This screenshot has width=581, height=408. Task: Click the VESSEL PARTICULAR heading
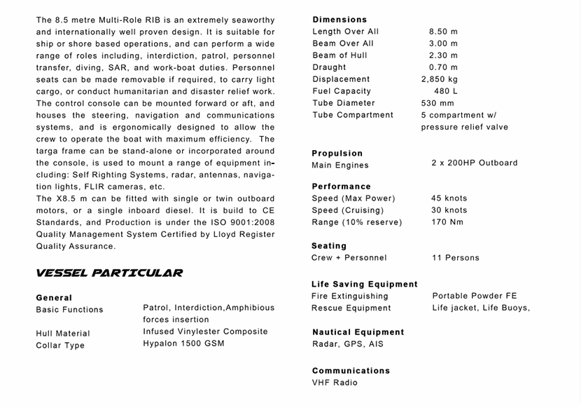109,273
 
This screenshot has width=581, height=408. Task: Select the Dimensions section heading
339,20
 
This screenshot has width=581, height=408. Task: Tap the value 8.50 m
443,32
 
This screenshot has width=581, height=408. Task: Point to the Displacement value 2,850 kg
439,79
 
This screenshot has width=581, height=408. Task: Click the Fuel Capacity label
342,91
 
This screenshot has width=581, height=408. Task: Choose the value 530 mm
437,103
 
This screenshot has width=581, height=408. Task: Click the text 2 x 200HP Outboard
475,163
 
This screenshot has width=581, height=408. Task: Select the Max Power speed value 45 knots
449,198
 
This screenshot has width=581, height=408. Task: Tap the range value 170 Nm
447,222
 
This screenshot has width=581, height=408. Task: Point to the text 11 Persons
456,258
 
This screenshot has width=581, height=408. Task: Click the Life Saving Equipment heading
364,285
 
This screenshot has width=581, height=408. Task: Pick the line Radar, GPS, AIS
347,344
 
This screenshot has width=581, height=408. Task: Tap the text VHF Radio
335,383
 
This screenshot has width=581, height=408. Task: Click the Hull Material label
63,334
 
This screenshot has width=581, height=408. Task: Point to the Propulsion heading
337,154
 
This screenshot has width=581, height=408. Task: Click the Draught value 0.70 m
443,67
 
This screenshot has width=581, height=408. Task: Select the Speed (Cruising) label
348,210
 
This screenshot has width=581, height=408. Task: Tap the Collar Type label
60,346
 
